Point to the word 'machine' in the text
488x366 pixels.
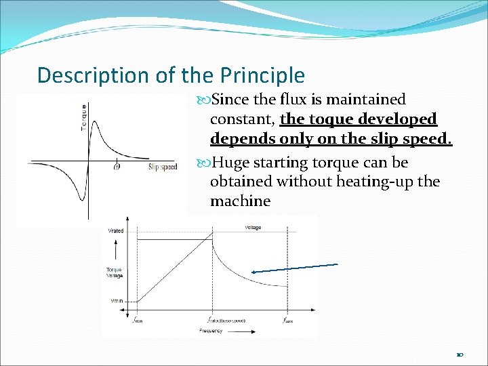[240, 201]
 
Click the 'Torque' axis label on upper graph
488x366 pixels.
[84, 117]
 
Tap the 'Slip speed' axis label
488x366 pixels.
[162, 167]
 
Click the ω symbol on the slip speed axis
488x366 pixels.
[117, 165]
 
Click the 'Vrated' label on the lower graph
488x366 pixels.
[116, 231]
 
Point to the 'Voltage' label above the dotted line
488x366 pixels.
[253, 228]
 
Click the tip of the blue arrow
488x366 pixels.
[251, 272]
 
